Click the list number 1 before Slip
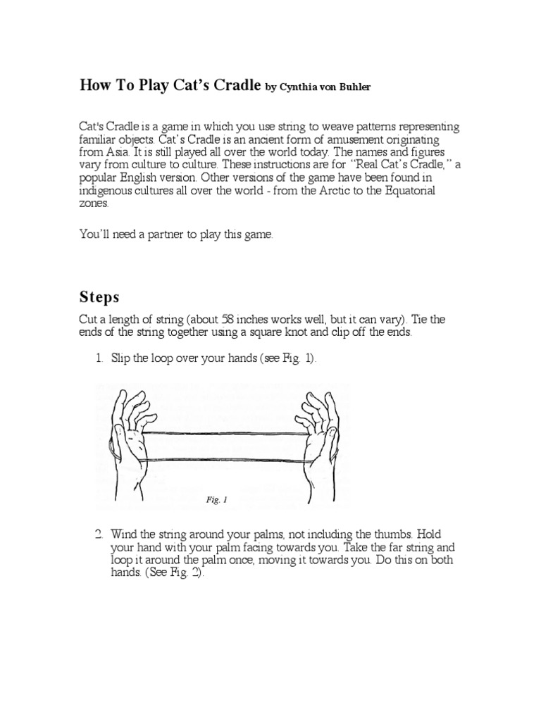(99, 358)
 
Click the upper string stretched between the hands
(225, 434)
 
